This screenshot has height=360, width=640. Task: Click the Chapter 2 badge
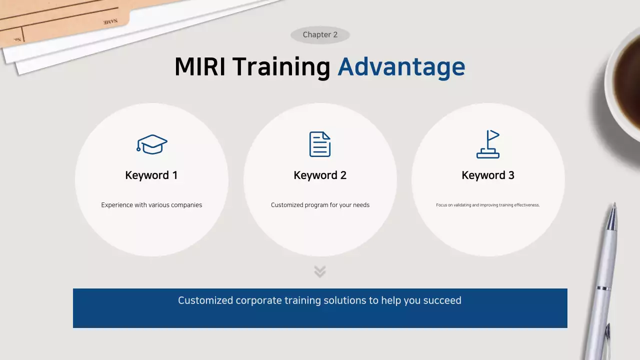[x=320, y=35]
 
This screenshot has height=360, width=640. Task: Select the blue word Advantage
[x=401, y=67]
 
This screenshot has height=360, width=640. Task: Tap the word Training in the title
[x=281, y=67]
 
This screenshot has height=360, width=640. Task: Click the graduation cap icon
[x=152, y=144]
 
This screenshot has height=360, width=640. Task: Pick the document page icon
[x=320, y=144]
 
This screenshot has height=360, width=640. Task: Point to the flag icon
[x=488, y=144]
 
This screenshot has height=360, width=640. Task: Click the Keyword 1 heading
[x=151, y=175]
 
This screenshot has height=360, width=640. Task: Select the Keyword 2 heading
[x=320, y=175]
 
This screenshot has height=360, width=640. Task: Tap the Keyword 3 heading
[x=488, y=175]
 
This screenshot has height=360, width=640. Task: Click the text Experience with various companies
[x=151, y=205]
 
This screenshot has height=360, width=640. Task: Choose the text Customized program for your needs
[x=320, y=205]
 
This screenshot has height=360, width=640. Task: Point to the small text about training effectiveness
[x=488, y=205]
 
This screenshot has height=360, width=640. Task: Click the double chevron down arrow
[x=320, y=271]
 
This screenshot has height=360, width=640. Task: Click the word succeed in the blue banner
[x=442, y=300]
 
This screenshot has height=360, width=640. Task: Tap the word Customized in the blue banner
[x=205, y=300]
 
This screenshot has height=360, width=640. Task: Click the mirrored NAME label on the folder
[x=110, y=22]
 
